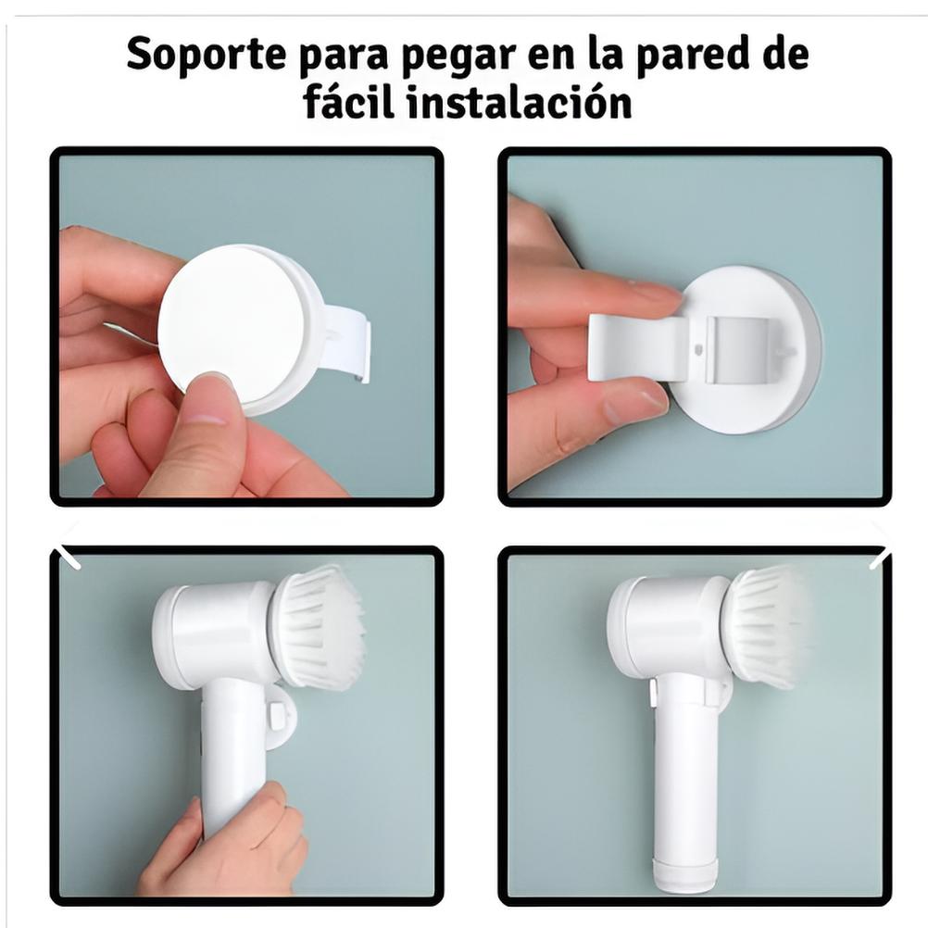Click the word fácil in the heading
coord(349,101)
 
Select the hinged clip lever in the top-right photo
coord(640,346)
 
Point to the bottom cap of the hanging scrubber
coord(685,874)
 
